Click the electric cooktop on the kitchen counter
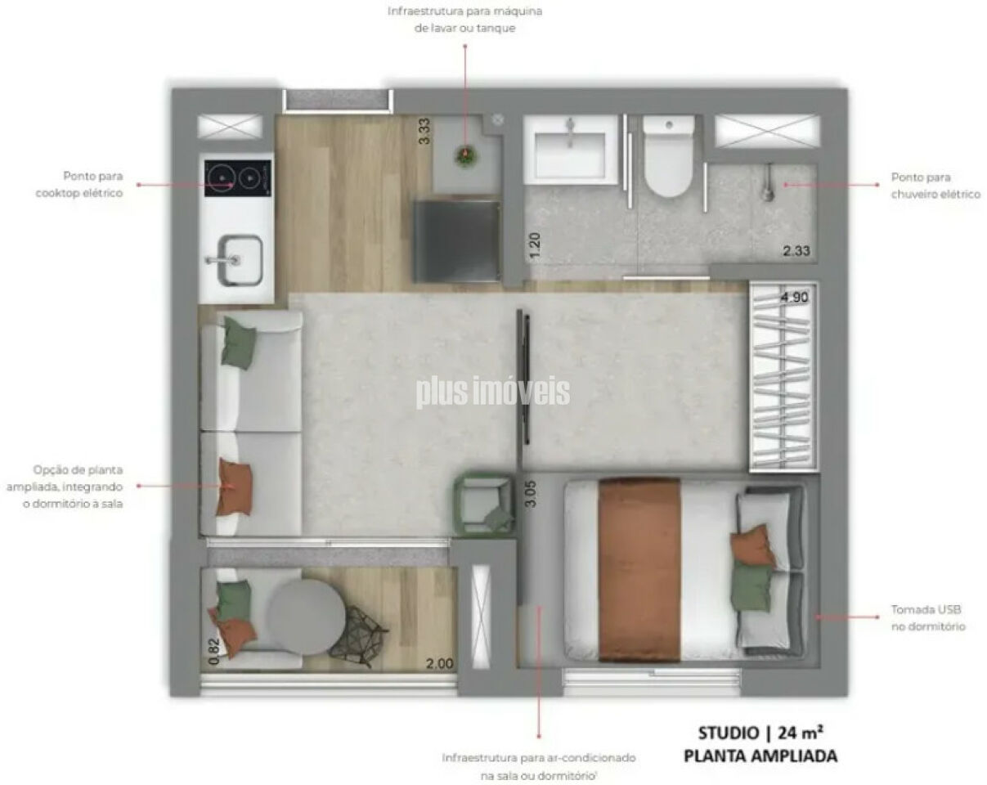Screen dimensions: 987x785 pyautogui.click(x=238, y=178)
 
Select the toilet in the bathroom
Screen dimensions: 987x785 pyautogui.click(x=668, y=156)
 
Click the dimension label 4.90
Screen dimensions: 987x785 pyautogui.click(x=795, y=298)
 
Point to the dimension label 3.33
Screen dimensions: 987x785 pyautogui.click(x=424, y=131)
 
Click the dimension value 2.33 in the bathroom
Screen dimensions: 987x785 pyautogui.click(x=796, y=251)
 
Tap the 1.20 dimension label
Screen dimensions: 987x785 pyautogui.click(x=535, y=245)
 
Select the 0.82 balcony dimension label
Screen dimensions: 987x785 pyautogui.click(x=213, y=652)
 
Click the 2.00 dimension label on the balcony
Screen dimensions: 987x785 pyautogui.click(x=439, y=663)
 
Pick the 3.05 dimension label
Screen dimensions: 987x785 pyautogui.click(x=531, y=493)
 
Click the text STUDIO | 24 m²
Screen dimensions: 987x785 pyautogui.click(x=760, y=733)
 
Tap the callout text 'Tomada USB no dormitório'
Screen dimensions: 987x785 pyautogui.click(x=928, y=618)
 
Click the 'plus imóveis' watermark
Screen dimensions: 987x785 pyautogui.click(x=492, y=392)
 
